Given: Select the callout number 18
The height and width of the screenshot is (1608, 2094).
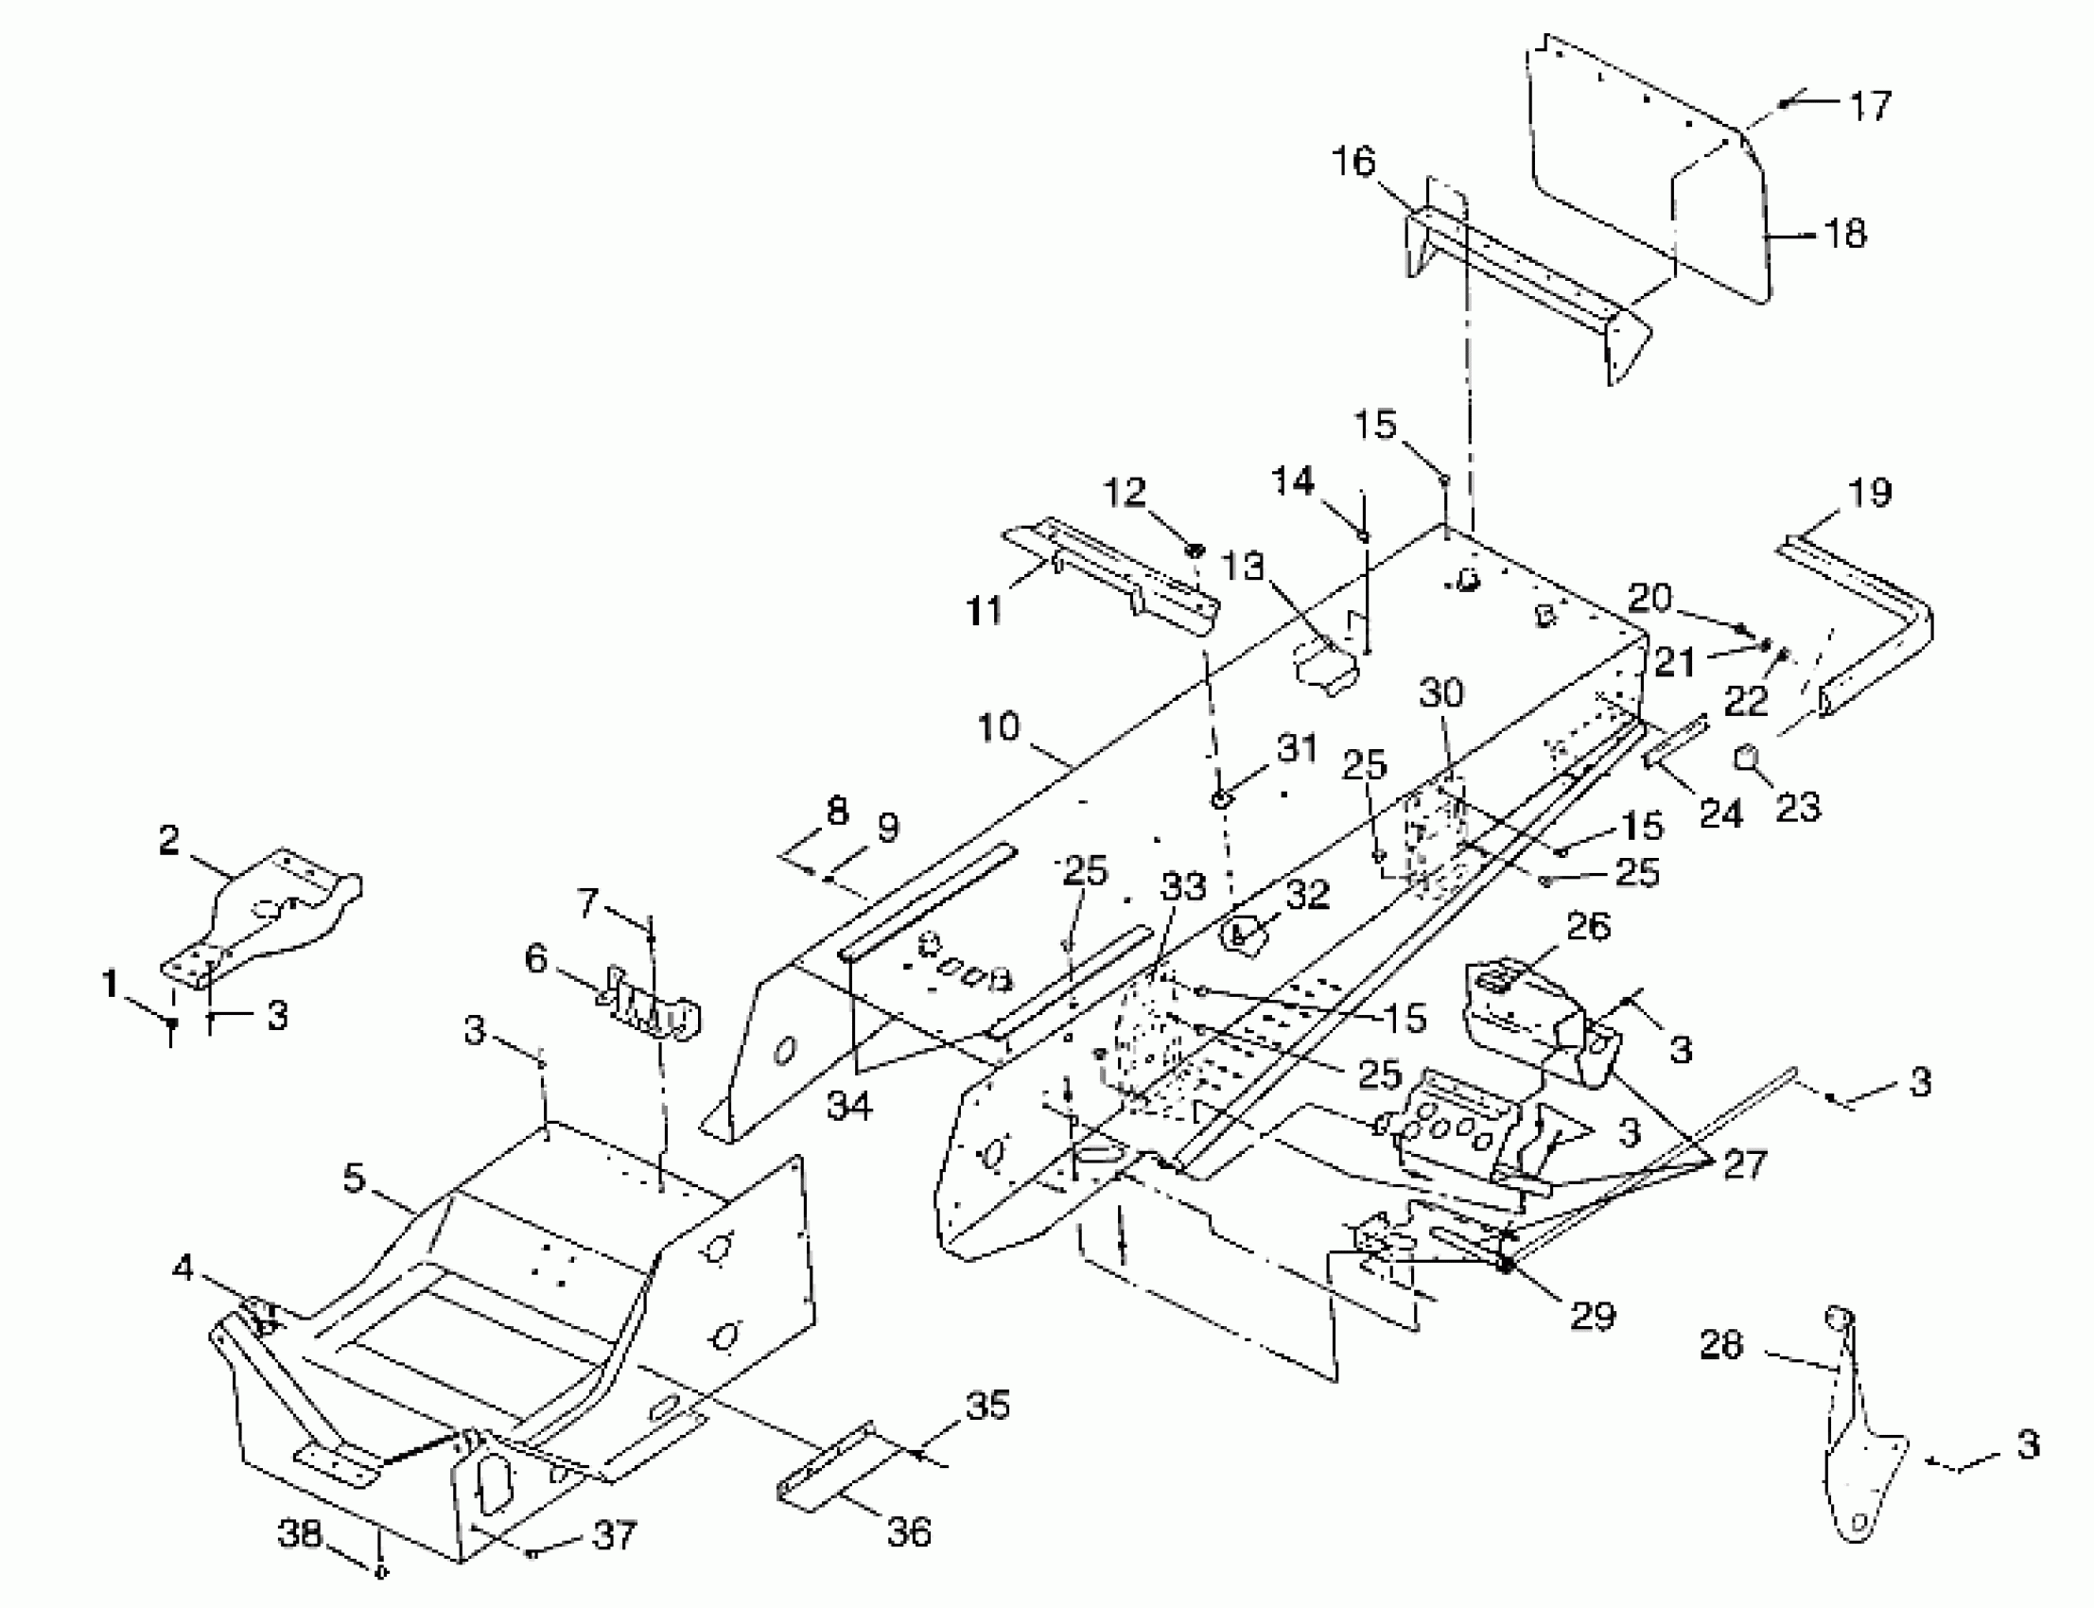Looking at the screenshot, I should [1845, 234].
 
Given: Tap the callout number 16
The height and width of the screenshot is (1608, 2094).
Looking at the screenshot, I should [1353, 161].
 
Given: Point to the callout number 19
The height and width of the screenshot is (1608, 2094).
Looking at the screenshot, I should [1870, 492].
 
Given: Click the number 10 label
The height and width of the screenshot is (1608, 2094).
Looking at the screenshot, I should [998, 726].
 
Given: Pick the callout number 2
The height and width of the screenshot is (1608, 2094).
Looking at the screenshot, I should [168, 840].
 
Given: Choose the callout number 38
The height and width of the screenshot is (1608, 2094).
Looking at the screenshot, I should [300, 1533].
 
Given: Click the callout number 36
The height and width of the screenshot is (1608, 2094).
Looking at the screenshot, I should [908, 1530].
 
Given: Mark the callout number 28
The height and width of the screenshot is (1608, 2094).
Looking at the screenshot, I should [1720, 1345].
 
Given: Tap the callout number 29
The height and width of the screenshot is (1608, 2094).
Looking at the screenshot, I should [1593, 1316].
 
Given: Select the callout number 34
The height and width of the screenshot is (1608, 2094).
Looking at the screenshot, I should [850, 1106].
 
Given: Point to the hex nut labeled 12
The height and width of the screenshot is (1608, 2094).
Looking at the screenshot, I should [1195, 551].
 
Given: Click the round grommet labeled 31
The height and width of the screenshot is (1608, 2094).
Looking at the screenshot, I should [1221, 798].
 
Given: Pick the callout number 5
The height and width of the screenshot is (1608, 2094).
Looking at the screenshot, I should [354, 1179].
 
